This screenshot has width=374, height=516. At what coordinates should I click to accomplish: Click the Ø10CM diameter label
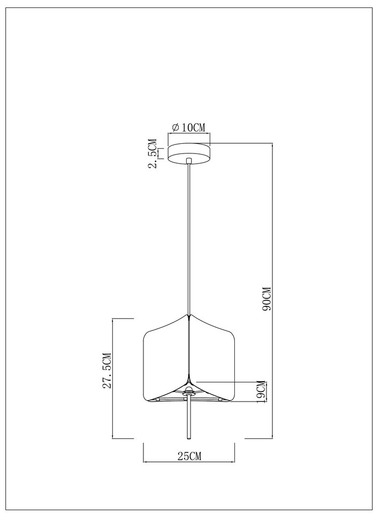(188, 127)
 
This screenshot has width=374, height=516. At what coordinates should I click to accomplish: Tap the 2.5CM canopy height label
(152, 153)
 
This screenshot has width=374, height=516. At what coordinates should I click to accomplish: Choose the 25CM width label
(189, 456)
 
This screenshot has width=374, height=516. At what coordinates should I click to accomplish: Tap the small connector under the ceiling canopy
(188, 161)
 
